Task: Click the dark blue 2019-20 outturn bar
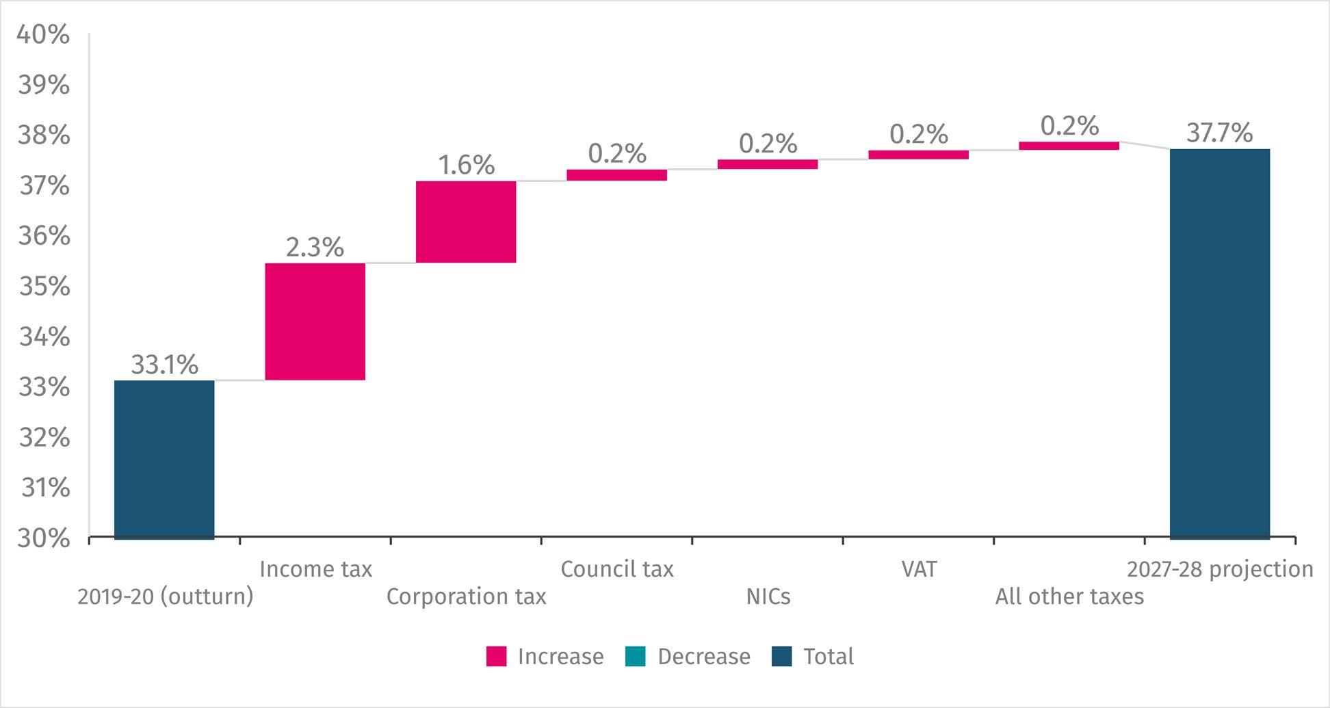pos(164,459)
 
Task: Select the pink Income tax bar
pos(315,322)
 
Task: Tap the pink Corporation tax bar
pos(466,222)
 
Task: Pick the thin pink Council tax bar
pos(617,175)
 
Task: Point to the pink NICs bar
pos(768,164)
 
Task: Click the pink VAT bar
pos(919,155)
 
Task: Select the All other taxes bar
pos(1069,146)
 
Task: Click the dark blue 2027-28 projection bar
pos(1220,343)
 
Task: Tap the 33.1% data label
pos(164,365)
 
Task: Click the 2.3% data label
pos(315,248)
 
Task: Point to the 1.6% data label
pos(466,166)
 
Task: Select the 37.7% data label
pos(1220,133)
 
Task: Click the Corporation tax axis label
pos(466,596)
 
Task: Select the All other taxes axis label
pos(1069,596)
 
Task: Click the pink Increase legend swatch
pos(497,657)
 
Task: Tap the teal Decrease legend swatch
pos(636,657)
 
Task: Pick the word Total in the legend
pos(829,657)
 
